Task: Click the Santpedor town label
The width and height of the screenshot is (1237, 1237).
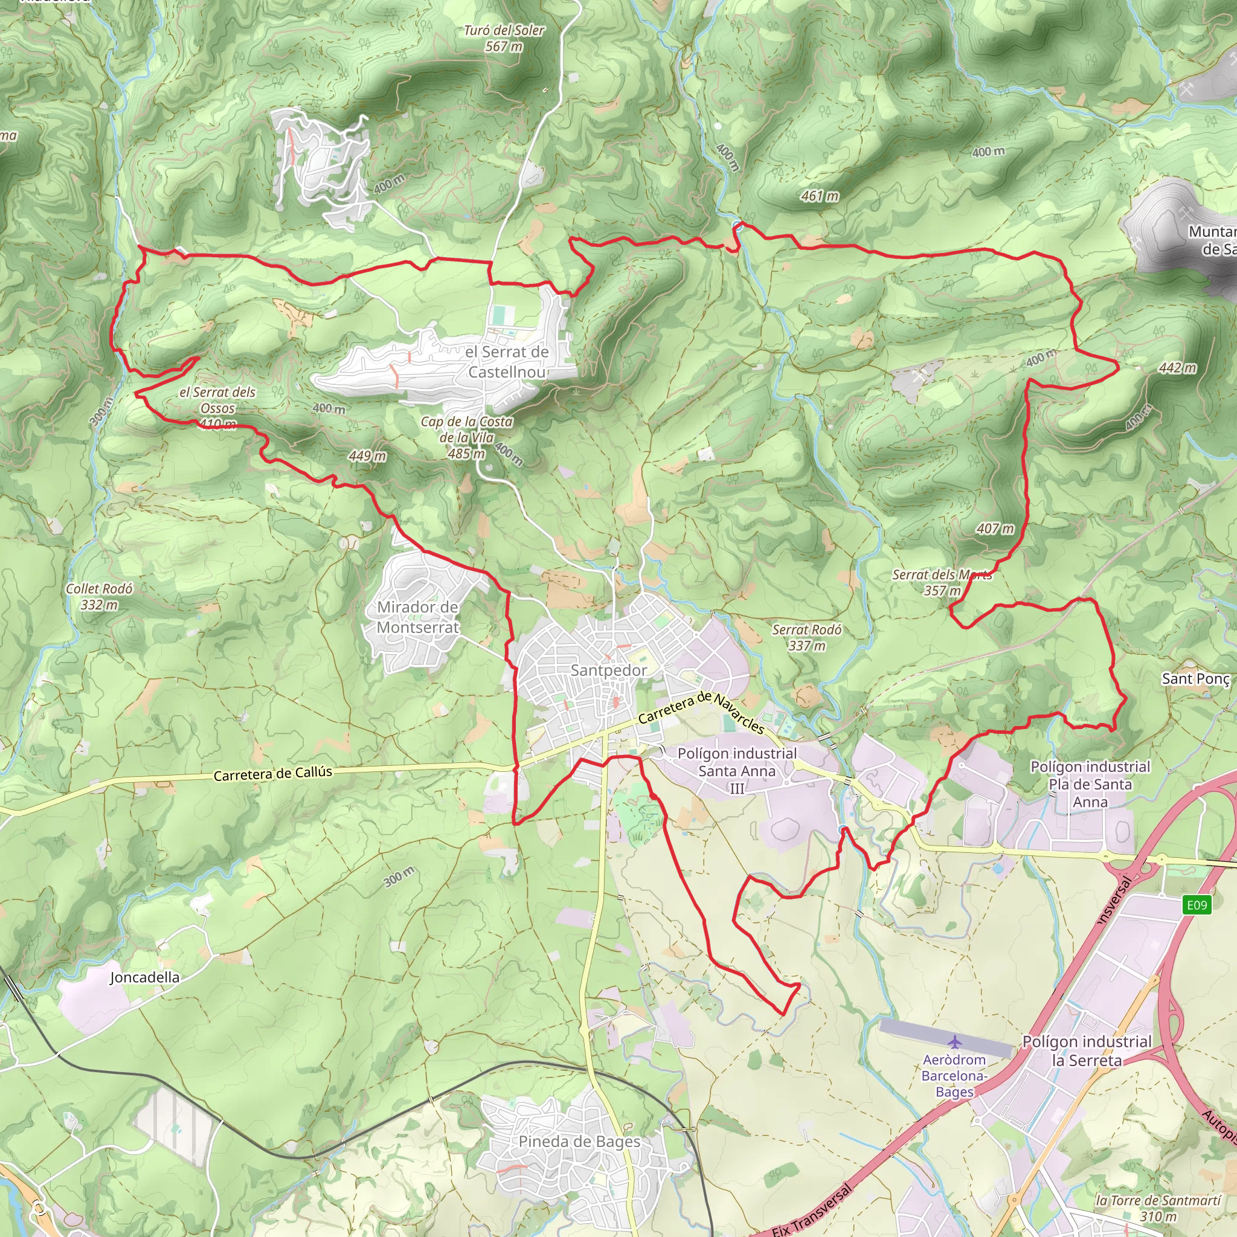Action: pos(608,670)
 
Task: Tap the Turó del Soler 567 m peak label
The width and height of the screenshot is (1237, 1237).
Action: pos(504,39)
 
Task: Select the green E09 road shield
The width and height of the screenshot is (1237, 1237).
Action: pos(1196,905)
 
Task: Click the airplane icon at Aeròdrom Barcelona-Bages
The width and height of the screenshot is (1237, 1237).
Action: pos(955,1042)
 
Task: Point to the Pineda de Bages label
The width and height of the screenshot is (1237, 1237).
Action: pos(579,1142)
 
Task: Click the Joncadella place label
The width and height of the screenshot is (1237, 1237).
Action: pos(145,977)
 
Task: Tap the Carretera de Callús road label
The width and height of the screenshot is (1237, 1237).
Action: pos(273,774)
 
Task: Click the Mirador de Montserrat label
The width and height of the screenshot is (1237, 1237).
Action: pos(417,617)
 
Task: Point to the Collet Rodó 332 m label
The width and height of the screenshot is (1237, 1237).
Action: pos(99,596)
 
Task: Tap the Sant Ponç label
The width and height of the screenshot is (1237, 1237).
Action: pos(1195,679)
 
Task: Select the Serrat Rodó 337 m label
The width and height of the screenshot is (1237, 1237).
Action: pos(806,637)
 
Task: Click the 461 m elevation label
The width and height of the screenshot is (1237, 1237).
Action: pos(820,196)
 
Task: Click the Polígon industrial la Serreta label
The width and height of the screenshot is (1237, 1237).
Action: pos(1087,1051)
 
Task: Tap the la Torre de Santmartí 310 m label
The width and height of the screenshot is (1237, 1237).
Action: pos(1158,1207)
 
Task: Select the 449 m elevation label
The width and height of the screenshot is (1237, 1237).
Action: pos(367,455)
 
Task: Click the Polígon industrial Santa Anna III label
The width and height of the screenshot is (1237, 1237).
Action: pos(737,770)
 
